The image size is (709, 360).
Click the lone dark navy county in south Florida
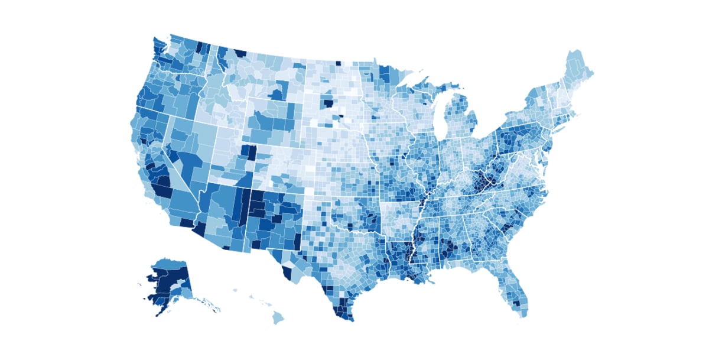coord(519,304)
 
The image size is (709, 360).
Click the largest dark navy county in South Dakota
coord(327,103)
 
